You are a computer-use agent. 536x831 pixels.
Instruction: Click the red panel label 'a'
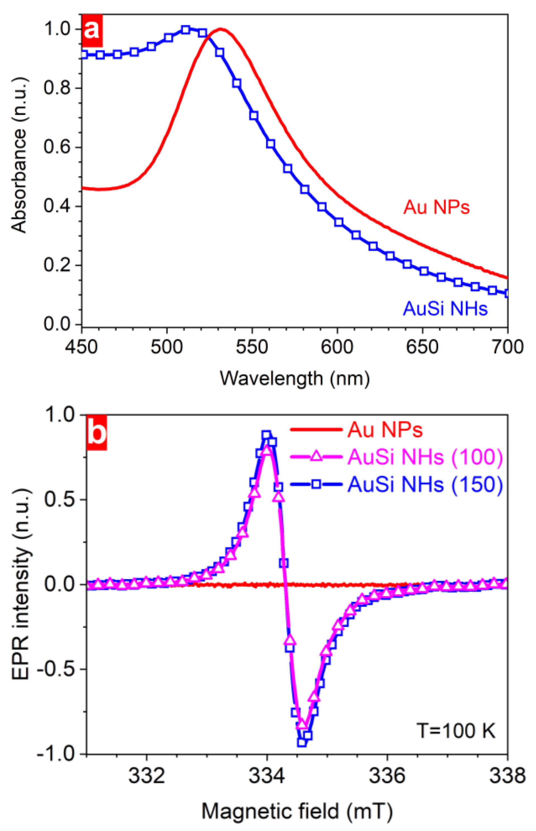coord(92,31)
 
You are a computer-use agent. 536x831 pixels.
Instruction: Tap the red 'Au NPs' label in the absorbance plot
coord(437,208)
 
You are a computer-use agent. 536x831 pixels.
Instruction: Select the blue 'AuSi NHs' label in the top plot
coord(445,308)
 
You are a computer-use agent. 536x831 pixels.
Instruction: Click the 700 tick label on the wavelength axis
coord(508,347)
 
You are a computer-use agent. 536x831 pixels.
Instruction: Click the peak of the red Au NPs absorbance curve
coord(220,29)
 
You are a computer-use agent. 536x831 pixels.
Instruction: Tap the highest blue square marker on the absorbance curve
coord(186,30)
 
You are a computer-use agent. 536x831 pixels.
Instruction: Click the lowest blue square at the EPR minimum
coord(302,742)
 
